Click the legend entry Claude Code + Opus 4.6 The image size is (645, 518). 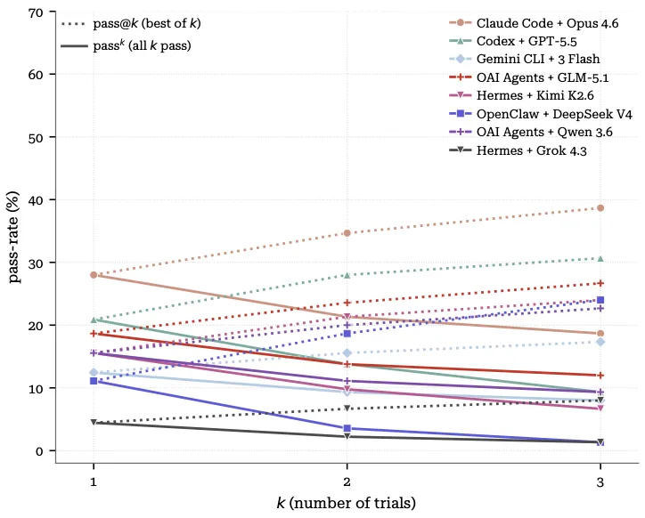point(534,23)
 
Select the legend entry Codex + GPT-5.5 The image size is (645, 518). point(512,41)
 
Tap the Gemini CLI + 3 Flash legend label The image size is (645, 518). point(525,60)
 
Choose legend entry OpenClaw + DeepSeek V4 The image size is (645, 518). point(541,114)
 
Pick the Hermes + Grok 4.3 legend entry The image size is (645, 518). point(518,150)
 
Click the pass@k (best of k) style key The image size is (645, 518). point(131,23)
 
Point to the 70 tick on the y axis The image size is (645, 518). point(36,12)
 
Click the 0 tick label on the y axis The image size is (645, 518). point(39,451)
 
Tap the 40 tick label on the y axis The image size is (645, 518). point(36,200)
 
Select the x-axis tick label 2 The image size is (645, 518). point(347,481)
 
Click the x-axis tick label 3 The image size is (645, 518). point(600,481)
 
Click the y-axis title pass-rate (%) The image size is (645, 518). point(14,238)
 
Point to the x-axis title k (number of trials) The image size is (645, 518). point(347,503)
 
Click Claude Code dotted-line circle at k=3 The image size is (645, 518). point(600,208)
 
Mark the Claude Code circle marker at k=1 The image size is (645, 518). point(94,275)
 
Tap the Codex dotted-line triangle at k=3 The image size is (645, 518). point(600,259)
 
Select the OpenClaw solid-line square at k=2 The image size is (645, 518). point(347,428)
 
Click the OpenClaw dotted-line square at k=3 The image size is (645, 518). point(600,300)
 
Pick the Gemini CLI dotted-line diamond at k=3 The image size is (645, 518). point(600,342)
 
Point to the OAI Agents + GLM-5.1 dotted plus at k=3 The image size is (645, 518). point(600,283)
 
